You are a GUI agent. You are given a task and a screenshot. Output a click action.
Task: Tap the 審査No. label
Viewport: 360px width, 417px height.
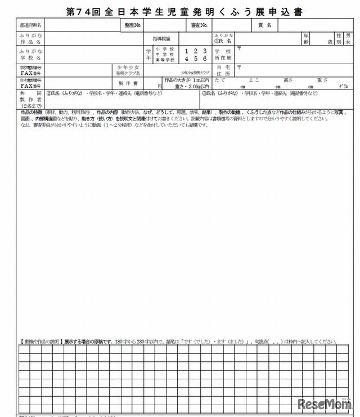[x=199, y=25]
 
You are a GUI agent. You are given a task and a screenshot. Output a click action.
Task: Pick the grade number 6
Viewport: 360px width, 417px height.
[x=205, y=58]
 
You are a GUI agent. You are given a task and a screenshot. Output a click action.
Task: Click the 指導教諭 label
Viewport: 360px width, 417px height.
[x=165, y=38]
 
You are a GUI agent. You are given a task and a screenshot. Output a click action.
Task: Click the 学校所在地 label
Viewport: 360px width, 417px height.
[x=223, y=55]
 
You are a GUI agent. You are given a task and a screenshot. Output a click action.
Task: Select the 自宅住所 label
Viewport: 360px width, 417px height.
[x=223, y=70]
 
